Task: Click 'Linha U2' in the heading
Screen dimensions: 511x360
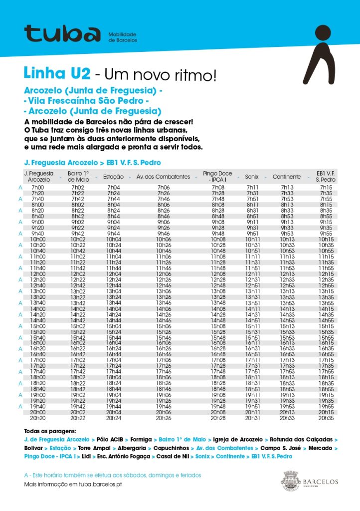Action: [57, 74]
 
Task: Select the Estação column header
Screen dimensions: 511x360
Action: [113, 177]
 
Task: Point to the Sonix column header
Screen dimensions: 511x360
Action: [252, 177]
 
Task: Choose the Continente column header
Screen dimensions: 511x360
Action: [287, 177]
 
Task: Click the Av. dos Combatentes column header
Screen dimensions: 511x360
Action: [163, 177]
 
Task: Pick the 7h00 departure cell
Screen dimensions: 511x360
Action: [37, 188]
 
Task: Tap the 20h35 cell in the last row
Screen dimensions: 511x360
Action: [326, 418]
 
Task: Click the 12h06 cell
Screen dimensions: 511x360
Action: [163, 274]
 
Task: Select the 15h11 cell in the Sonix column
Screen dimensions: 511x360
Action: [252, 326]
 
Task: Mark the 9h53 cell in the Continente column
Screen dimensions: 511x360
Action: [287, 234]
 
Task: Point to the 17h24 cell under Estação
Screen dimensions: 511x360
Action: [113, 366]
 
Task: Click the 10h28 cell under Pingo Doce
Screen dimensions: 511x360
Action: [218, 245]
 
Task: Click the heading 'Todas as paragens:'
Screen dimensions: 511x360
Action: [50, 431]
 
